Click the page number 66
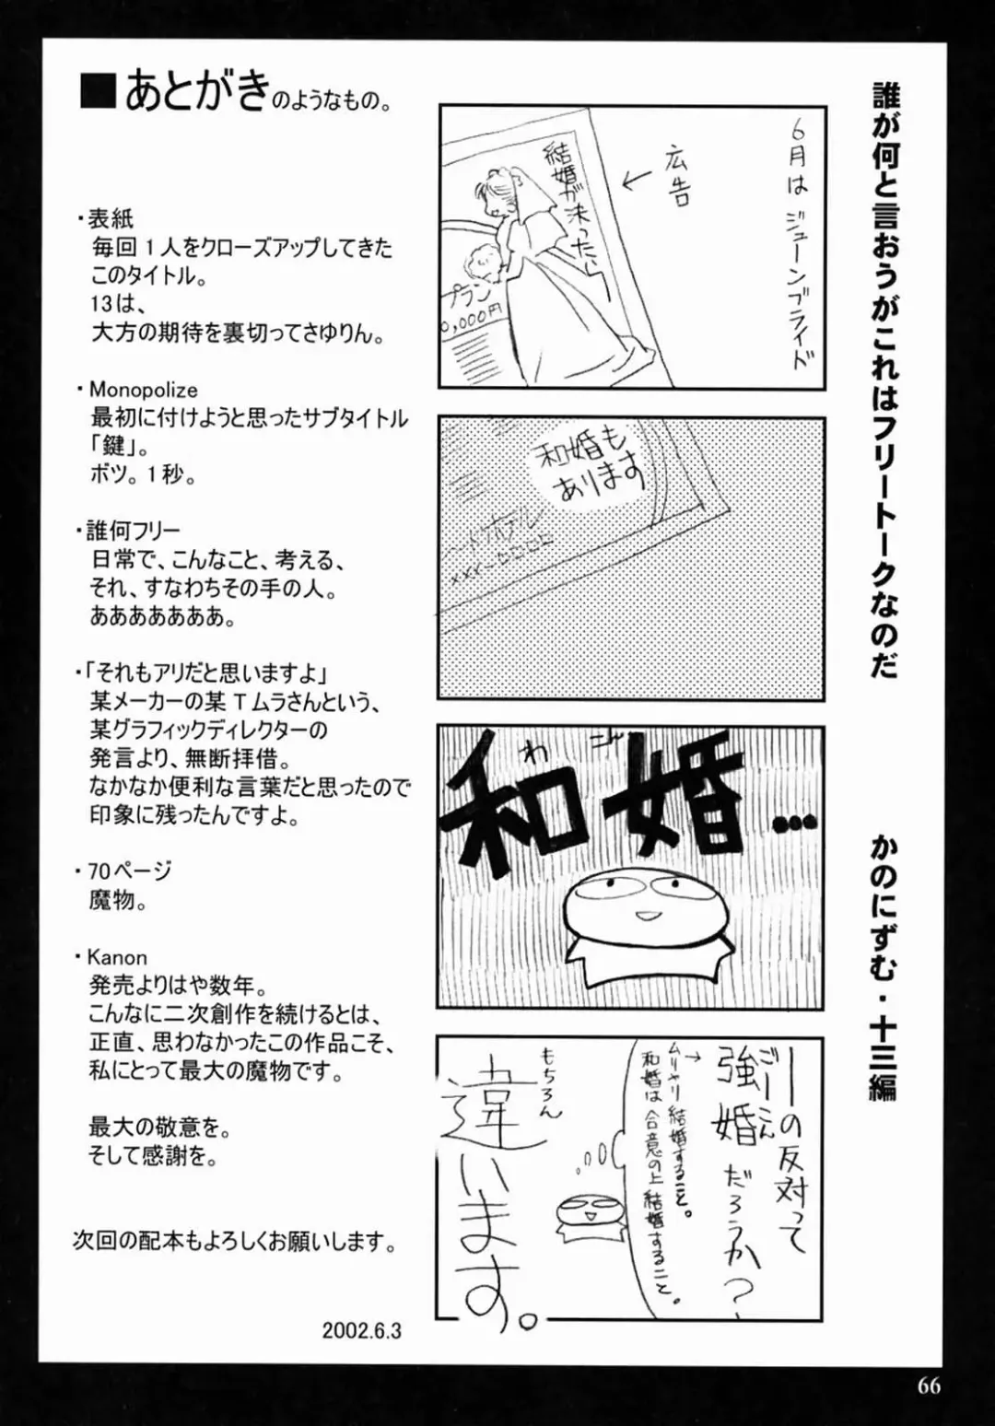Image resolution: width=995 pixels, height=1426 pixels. tap(928, 1385)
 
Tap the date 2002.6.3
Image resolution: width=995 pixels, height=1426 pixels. tap(362, 1331)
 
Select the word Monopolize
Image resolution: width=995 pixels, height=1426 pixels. tap(143, 390)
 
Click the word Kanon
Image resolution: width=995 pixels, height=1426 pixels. tap(117, 957)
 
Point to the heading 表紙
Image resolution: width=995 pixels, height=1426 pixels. tap(111, 219)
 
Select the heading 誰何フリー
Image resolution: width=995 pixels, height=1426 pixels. tap(134, 532)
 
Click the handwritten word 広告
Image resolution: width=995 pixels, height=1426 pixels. tap(675, 175)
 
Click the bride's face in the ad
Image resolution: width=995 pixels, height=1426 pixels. tap(486, 191)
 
